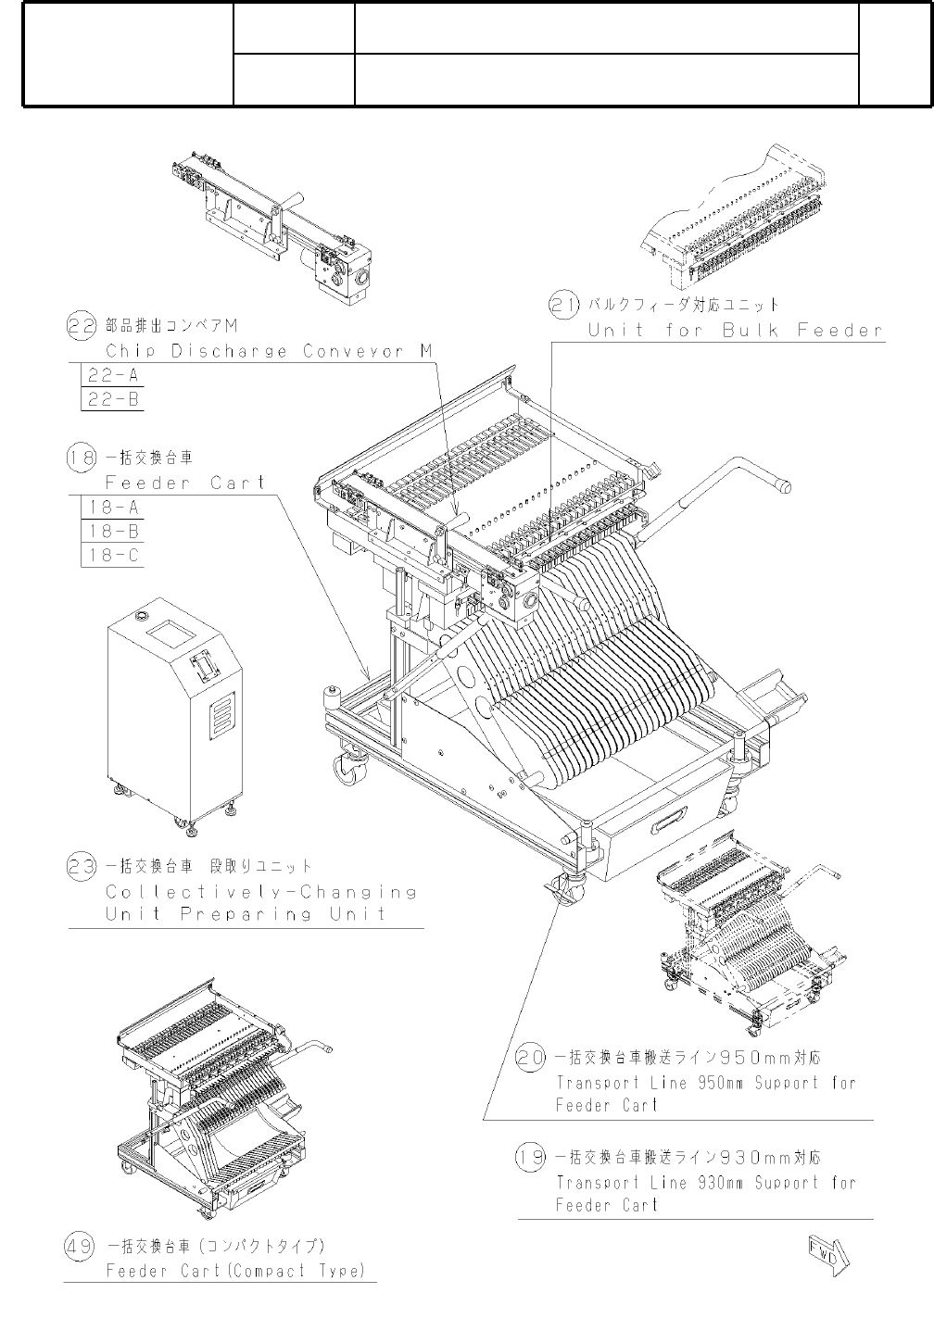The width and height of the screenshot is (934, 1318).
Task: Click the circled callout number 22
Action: tap(82, 325)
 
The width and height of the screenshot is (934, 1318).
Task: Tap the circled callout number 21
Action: tap(564, 305)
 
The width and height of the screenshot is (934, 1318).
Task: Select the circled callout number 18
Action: tap(82, 457)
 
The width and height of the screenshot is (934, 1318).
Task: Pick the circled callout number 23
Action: tap(82, 867)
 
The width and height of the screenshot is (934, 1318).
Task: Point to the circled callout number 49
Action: tap(79, 1246)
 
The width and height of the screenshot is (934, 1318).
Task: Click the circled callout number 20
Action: tap(530, 1058)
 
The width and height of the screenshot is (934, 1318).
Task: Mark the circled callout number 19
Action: tap(530, 1158)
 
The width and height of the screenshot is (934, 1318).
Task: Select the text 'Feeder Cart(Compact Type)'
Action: tap(235, 1271)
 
